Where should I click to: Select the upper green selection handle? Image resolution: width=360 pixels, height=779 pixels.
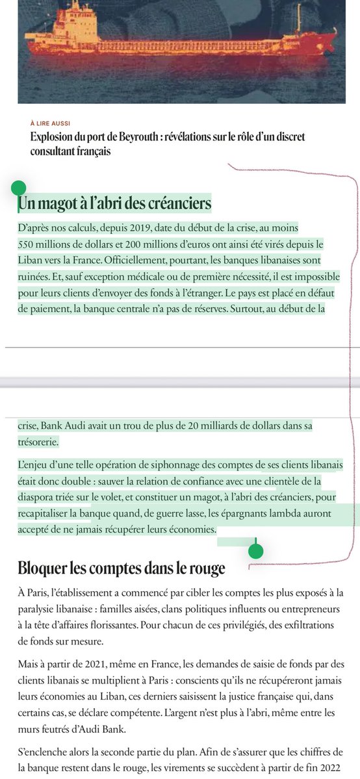pos(19,188)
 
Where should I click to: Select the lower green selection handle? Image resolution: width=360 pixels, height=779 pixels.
pos(256,551)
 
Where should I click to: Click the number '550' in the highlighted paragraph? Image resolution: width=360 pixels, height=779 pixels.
pos(29,244)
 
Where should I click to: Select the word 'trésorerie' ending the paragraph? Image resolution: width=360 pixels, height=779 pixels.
pos(38,442)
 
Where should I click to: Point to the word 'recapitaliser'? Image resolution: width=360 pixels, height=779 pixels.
pos(44,514)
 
